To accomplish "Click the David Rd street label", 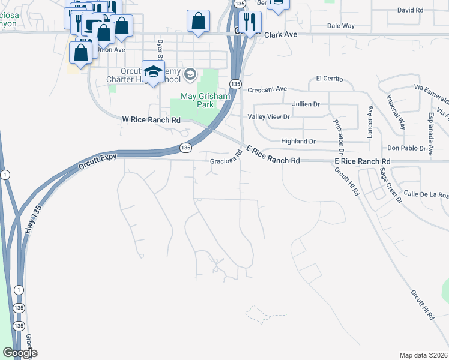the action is click(x=411, y=11).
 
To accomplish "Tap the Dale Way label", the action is click(x=340, y=26).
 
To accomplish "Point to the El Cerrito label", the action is click(x=328, y=79).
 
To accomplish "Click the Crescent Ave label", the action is click(x=267, y=89).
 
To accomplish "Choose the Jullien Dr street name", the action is click(x=306, y=104).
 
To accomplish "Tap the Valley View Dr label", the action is click(x=269, y=117).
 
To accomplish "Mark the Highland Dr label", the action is click(x=298, y=142).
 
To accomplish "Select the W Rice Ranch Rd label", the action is click(x=151, y=120).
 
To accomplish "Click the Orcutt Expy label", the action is click(x=97, y=163).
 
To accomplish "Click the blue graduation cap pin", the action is click(x=153, y=71).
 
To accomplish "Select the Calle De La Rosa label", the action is click(x=426, y=194).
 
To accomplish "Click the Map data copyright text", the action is click(x=423, y=355).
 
